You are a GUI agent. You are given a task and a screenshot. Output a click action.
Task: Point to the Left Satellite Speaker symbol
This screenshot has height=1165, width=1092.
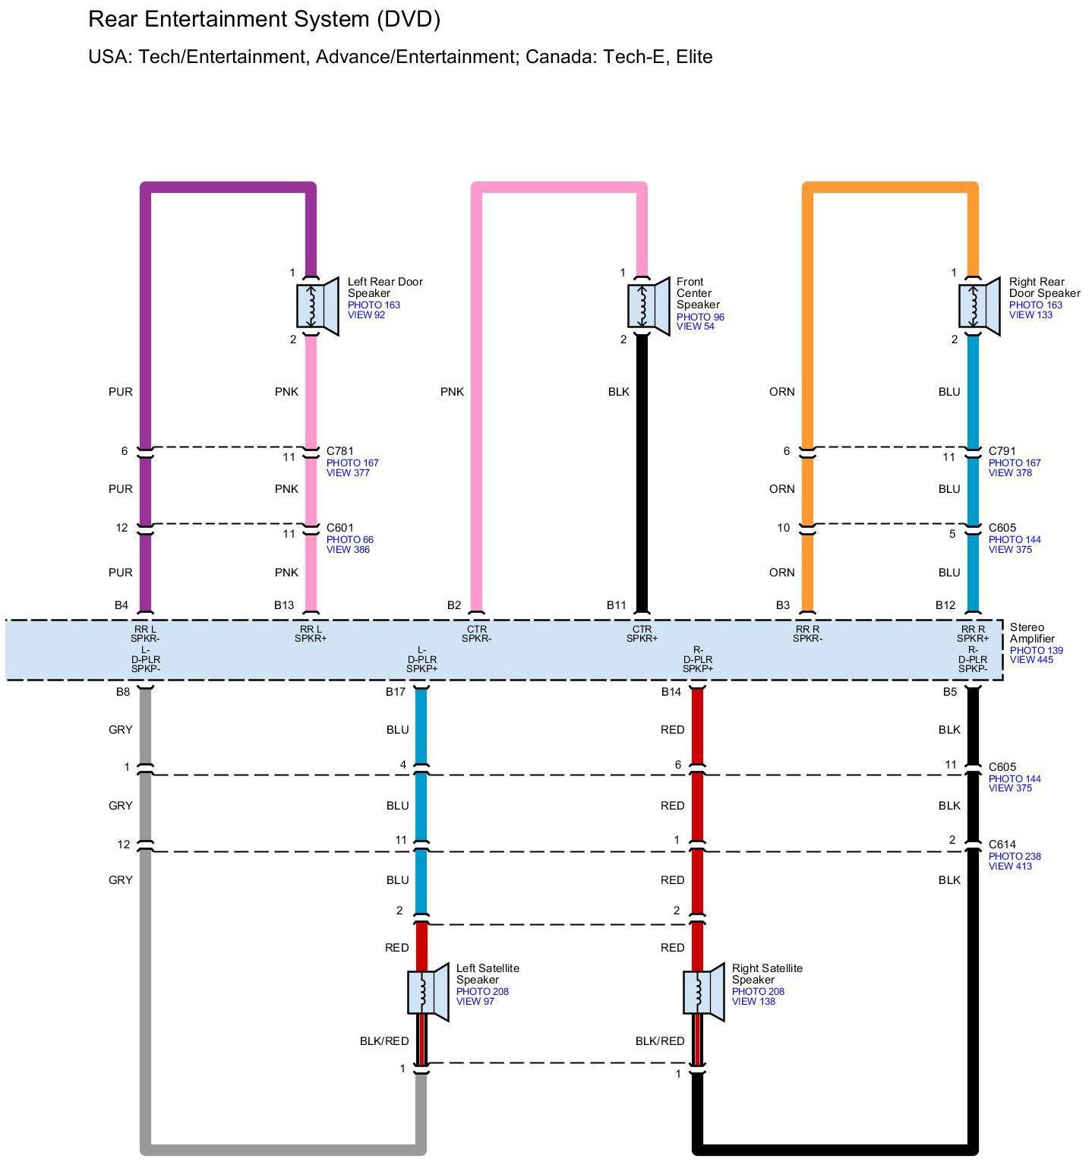(x=427, y=992)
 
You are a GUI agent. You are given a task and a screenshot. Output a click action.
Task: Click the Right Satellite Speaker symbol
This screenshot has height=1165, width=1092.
(x=702, y=992)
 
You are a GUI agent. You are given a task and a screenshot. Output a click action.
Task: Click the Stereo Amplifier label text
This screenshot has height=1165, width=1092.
(x=1031, y=633)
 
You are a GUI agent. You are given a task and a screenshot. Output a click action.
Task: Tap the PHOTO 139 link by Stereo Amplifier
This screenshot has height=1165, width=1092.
(x=1036, y=650)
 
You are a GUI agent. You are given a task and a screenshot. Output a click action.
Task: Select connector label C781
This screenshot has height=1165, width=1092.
(x=340, y=451)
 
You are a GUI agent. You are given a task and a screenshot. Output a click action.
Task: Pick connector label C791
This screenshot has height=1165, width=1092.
(x=1002, y=451)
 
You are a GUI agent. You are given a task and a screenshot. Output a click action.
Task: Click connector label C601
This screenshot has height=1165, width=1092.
(x=340, y=528)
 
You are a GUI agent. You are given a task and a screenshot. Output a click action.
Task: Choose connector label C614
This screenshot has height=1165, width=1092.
(x=1002, y=845)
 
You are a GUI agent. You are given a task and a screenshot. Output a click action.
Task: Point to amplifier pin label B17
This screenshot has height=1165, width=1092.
(x=396, y=692)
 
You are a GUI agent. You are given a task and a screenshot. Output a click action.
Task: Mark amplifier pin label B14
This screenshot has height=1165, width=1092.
(x=671, y=692)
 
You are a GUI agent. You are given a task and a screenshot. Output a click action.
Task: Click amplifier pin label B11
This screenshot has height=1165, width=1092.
(x=617, y=605)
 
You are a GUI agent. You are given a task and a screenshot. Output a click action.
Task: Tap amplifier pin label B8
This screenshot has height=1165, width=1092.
(x=123, y=692)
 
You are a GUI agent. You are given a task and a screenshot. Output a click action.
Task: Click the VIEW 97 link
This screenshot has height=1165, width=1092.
(x=475, y=1002)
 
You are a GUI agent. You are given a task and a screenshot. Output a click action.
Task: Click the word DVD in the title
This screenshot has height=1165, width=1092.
(x=409, y=20)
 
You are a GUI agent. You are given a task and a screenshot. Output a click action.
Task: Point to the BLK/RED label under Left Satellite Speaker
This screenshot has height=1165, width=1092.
(x=384, y=1041)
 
